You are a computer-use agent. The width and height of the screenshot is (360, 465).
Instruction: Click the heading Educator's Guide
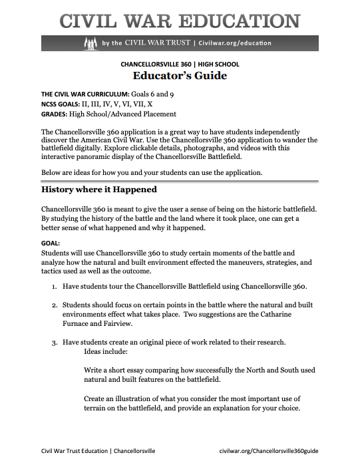pyautogui.click(x=180, y=76)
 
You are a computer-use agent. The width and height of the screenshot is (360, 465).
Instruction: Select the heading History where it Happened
pyautogui.click(x=98, y=190)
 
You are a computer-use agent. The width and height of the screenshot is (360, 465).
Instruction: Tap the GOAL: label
pyautogui.click(x=51, y=243)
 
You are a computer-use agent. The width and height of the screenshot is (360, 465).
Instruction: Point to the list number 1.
pyautogui.click(x=54, y=286)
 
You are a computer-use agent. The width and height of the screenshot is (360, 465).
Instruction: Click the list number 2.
pyautogui.click(x=54, y=304)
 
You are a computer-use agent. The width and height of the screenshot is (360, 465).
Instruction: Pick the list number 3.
pyautogui.click(x=54, y=342)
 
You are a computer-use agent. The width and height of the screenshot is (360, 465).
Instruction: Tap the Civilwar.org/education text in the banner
pyautogui.click(x=236, y=44)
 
